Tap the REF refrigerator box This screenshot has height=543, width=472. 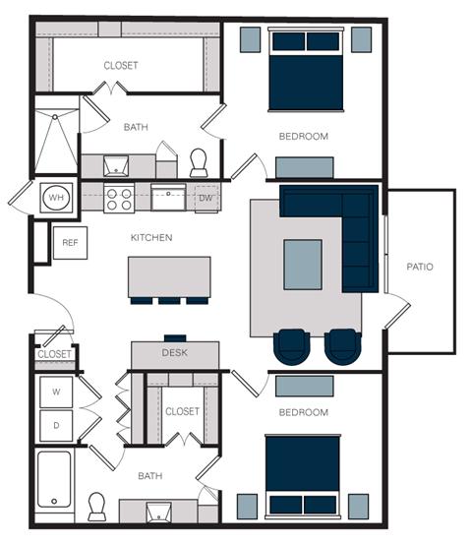point(70,242)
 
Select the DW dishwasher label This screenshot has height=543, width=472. point(206,198)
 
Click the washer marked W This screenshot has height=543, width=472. point(56,392)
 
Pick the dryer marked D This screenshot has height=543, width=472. point(56,426)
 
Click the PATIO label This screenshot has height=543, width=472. point(420,267)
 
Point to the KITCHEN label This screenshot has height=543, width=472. point(151,238)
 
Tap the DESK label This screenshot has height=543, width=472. point(175,352)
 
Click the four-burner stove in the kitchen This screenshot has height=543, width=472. point(119,200)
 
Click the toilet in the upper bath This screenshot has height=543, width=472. point(200,160)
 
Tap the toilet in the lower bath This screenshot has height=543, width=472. point(96,507)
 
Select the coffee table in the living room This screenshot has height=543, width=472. point(302,264)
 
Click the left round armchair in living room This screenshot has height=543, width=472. point(292,345)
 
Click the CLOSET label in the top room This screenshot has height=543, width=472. point(121,66)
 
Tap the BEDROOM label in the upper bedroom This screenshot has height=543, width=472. point(303,136)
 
